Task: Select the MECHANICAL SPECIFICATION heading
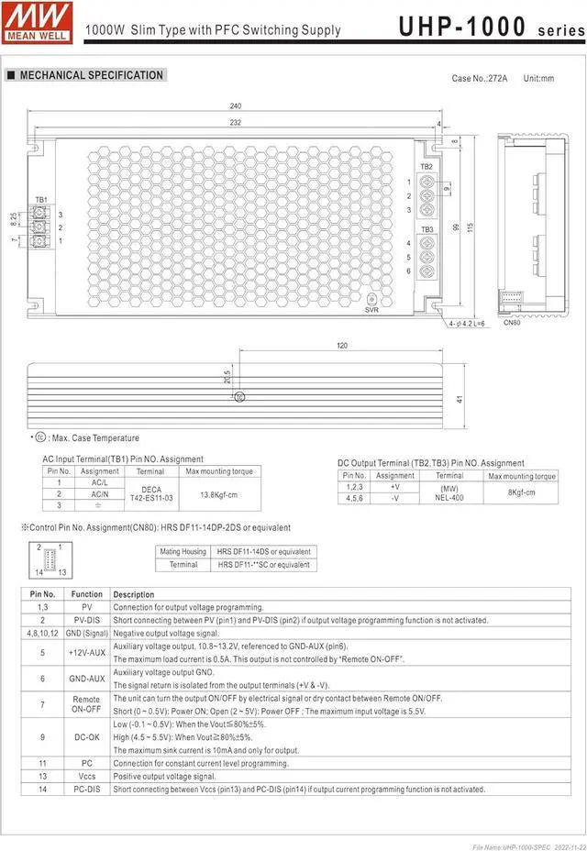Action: click(91, 75)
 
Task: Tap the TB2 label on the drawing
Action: click(426, 166)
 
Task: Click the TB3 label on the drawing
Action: click(426, 228)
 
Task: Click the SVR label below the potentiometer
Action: click(371, 310)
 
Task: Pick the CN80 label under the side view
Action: click(512, 323)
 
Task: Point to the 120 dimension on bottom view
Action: click(341, 346)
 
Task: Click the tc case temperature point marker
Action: click(239, 397)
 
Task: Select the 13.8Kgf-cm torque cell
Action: click(219, 494)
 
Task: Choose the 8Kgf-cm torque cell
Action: click(521, 493)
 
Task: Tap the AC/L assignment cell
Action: click(100, 482)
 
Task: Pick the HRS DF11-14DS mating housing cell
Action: click(263, 552)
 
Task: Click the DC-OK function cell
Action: click(87, 737)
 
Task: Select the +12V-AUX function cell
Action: click(87, 652)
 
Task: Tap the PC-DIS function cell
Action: click(87, 789)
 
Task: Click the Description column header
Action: click(134, 594)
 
